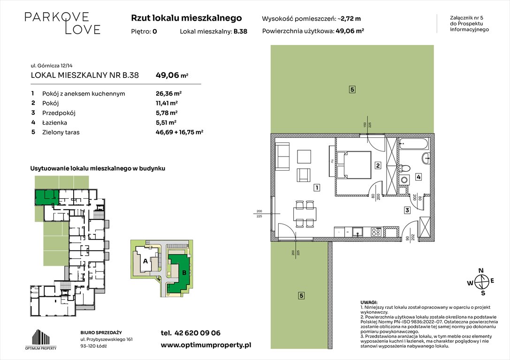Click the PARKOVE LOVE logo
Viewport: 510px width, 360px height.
(62, 23)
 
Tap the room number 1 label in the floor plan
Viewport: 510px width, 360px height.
(317, 188)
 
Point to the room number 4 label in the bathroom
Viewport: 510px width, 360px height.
(419, 177)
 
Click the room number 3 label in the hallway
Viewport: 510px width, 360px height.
(407, 210)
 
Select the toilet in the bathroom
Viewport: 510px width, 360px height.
(406, 167)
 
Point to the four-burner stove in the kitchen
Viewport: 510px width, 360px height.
(376, 231)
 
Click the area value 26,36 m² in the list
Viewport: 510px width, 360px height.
(168, 93)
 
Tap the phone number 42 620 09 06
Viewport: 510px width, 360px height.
(190, 333)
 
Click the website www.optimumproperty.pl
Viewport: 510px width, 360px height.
(206, 345)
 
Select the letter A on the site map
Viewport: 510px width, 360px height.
(145, 261)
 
